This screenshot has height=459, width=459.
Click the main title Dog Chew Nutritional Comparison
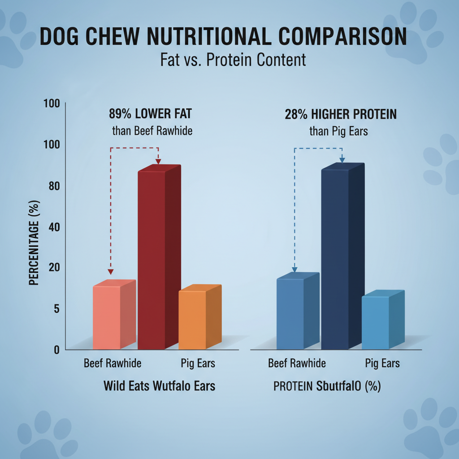coord(223,37)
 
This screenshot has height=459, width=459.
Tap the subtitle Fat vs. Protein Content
coord(233,60)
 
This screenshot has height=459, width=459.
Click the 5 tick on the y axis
coord(55,308)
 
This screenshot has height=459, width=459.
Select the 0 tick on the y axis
coord(56,350)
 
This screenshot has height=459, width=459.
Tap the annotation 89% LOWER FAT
coord(150,114)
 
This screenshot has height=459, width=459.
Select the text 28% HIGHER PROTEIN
coord(341,114)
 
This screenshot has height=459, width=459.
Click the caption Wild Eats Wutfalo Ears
coord(159,385)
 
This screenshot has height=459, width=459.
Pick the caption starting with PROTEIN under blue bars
coord(327,385)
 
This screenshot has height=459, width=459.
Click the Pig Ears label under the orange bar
coord(198,363)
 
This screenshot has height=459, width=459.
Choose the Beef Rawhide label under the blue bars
coord(297,363)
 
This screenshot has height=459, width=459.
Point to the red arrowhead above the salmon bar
coord(111,272)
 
